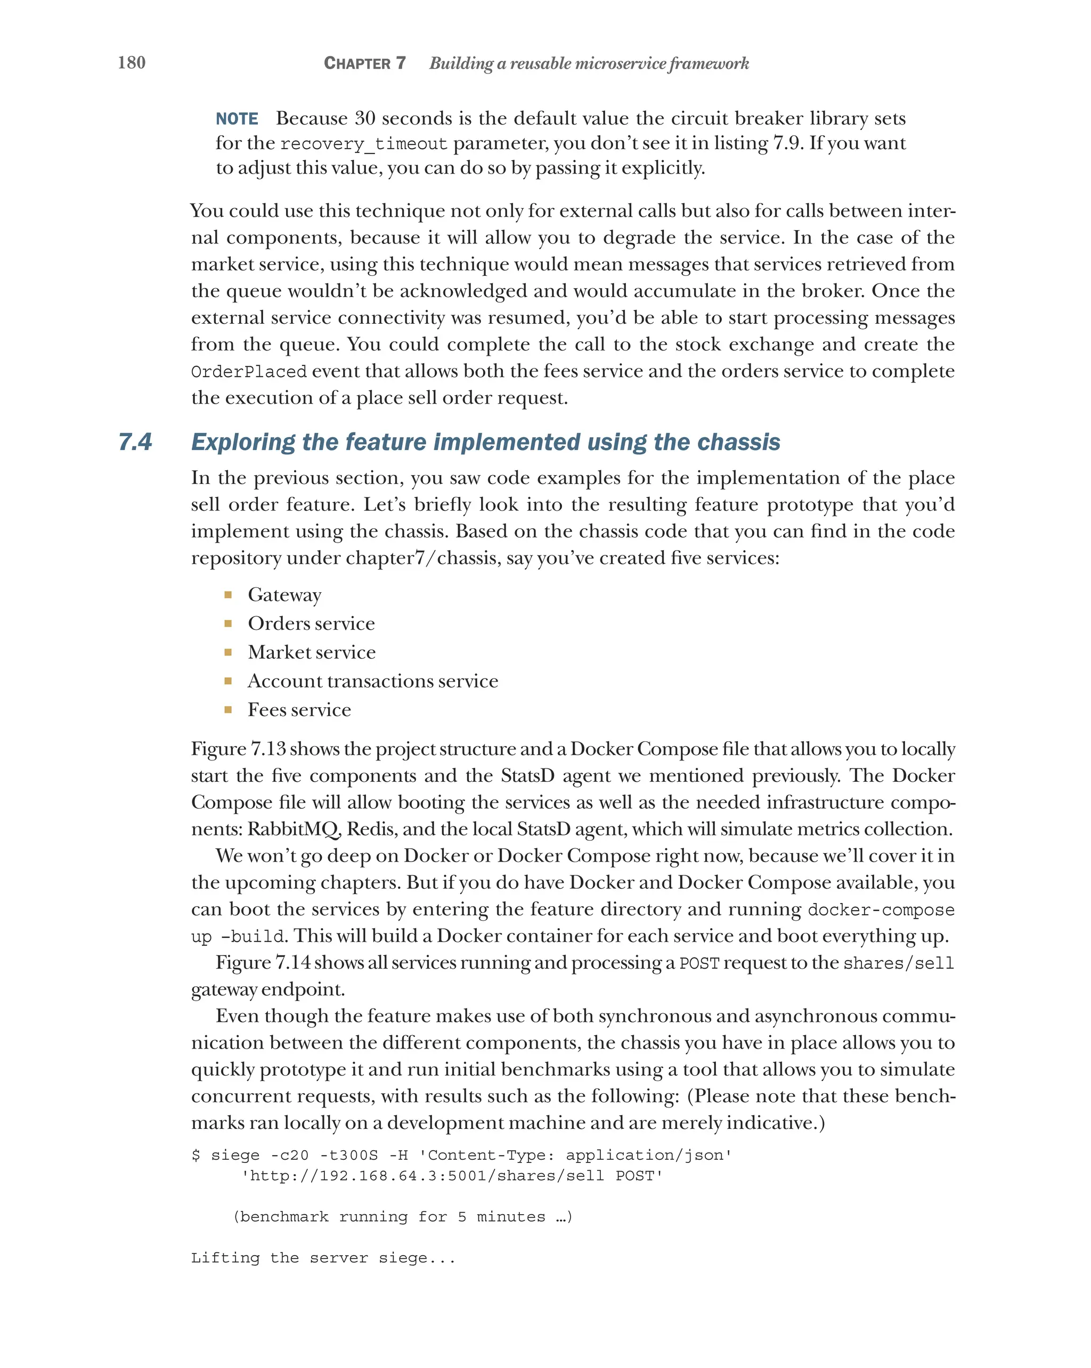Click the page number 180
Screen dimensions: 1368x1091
[132, 63]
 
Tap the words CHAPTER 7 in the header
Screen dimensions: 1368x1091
[364, 63]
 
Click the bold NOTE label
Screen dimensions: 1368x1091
[237, 119]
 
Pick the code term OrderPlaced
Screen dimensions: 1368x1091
[248, 372]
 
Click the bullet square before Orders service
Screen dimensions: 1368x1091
[228, 624]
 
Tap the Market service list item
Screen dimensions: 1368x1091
[312, 652]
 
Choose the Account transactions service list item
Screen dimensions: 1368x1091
[372, 681]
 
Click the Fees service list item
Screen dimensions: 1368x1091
[299, 710]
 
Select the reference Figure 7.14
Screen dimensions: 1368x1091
[263, 963]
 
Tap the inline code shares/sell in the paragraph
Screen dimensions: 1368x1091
[898, 964]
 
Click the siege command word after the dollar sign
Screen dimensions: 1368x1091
[235, 1156]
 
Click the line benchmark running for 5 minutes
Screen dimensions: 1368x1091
[402, 1217]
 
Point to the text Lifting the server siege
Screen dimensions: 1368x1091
[323, 1258]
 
